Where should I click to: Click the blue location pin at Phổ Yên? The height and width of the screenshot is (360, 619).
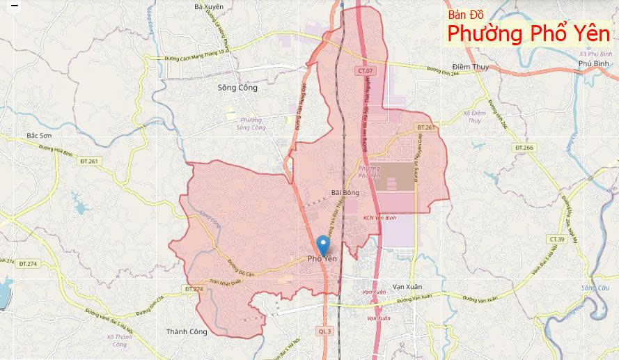coord(322,244)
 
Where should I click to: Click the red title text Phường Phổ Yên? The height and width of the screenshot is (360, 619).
coord(528,33)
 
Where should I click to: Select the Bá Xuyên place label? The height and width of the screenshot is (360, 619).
coord(209,6)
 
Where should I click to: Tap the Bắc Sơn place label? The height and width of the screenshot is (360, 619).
coord(39,136)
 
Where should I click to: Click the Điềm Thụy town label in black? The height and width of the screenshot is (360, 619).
coord(470,67)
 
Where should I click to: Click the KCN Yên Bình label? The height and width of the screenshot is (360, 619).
coord(379,217)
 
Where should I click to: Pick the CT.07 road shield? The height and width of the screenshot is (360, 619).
coord(366,71)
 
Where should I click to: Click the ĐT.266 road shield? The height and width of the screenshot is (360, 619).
coord(524,148)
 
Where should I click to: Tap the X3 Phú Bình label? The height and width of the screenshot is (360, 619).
coord(595,54)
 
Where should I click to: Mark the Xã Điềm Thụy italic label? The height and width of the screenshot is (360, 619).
coord(473,116)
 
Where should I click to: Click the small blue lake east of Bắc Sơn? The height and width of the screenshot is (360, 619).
coord(79,207)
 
